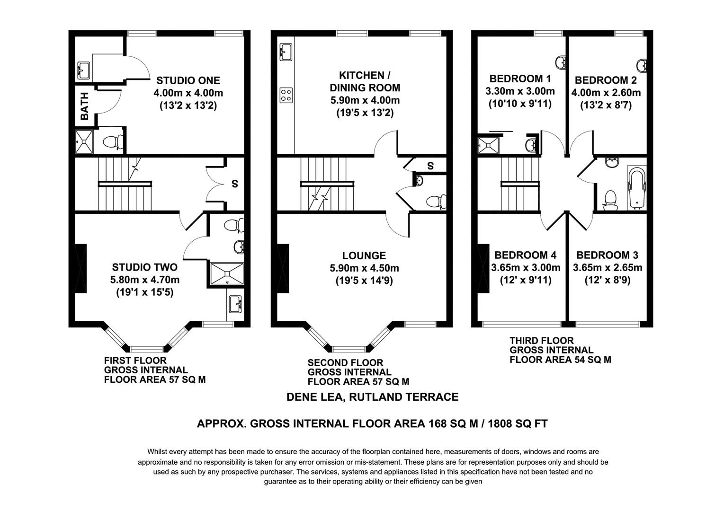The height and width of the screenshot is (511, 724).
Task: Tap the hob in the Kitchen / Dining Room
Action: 286,95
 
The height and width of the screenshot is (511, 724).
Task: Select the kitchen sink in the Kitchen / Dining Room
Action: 286,52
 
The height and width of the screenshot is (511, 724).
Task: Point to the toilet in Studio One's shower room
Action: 113,141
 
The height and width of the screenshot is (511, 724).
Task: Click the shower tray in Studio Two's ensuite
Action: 227,274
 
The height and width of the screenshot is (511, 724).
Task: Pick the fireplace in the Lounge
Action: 283,268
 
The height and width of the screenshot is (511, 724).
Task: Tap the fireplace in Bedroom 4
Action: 483,268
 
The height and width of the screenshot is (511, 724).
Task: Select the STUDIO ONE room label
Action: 188,80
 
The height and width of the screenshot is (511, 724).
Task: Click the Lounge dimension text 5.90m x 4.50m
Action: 364,268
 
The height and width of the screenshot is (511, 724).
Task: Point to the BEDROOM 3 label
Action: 608,255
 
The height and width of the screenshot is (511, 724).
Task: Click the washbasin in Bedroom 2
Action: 642,66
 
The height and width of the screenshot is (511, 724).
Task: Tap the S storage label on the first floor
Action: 235,184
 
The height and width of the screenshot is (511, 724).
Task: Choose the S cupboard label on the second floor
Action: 430,166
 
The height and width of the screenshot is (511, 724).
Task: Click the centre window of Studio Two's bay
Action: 147,349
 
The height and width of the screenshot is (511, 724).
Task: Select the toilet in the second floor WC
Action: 436,202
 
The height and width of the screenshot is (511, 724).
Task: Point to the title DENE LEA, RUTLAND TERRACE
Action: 372,397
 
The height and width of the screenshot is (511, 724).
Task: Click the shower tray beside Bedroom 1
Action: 488,146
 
